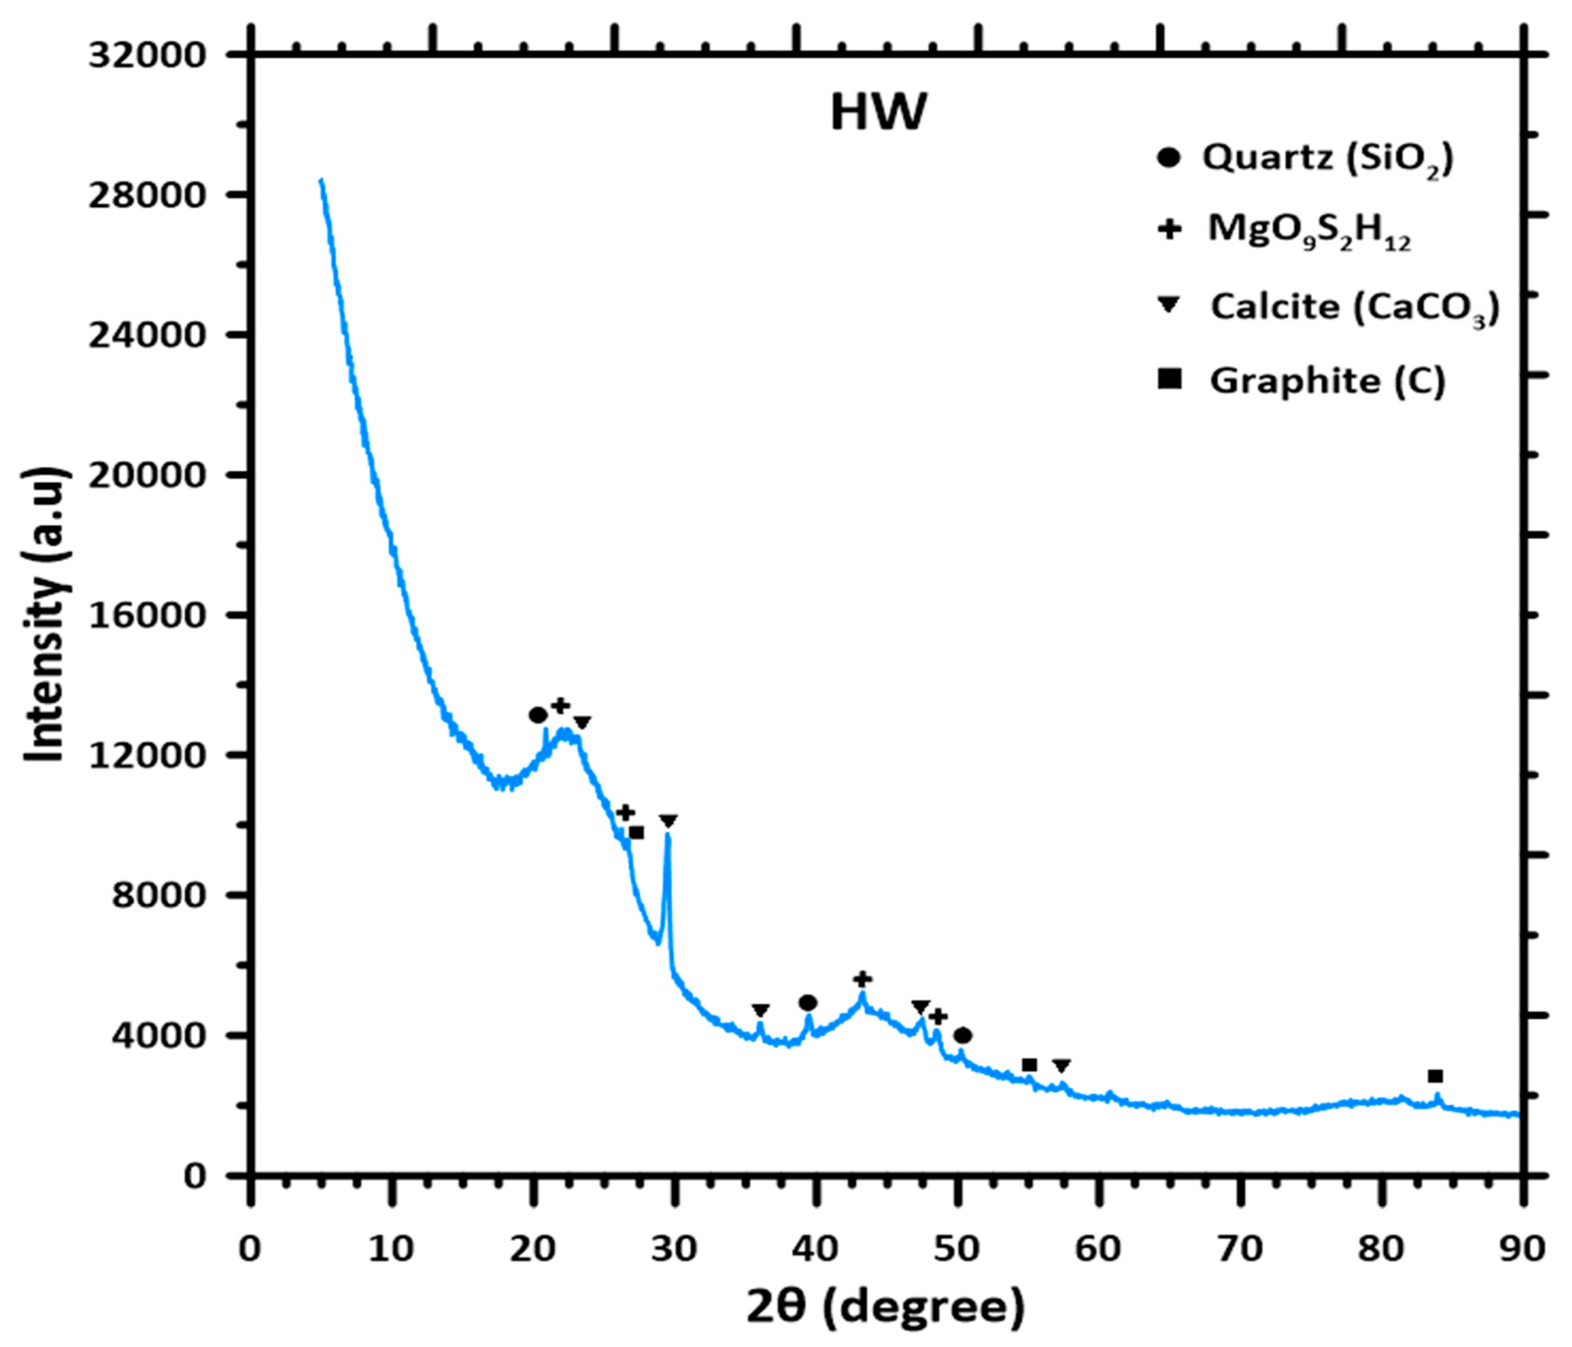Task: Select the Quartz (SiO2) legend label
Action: coord(1327,158)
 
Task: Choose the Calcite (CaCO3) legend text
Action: coord(1354,307)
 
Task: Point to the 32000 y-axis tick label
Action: coord(147,55)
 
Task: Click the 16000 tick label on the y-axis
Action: coord(147,615)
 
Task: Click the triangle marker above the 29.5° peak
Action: coord(668,821)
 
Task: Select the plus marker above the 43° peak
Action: coord(863,978)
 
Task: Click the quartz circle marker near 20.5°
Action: coord(538,715)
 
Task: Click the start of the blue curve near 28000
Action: coord(322,180)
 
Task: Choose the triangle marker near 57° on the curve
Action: coord(1061,1066)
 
